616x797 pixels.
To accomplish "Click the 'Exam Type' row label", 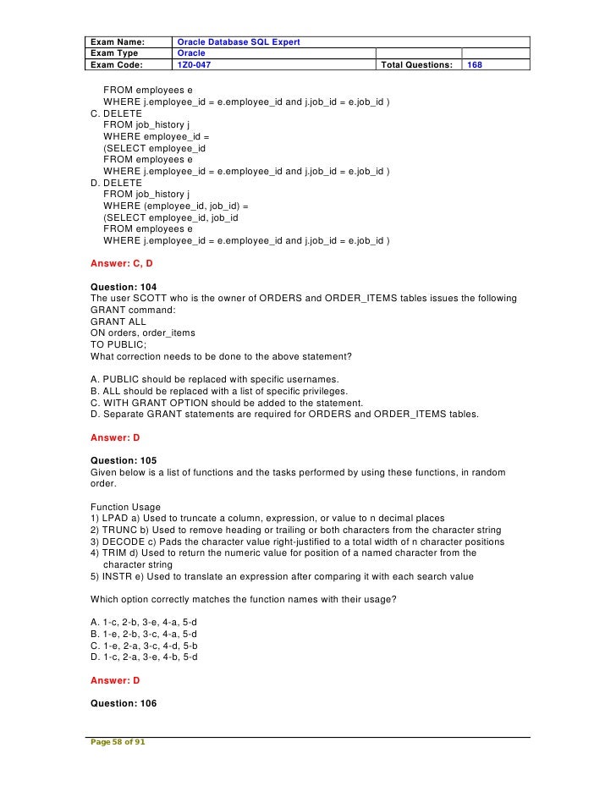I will click(x=116, y=52).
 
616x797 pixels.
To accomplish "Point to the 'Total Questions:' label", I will click(x=417, y=64).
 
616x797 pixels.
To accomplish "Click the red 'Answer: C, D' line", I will click(x=121, y=263).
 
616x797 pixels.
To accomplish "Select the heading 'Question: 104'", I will click(x=124, y=287).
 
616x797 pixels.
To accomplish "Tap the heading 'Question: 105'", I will click(x=124, y=461).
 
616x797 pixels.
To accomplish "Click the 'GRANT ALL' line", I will click(x=118, y=322).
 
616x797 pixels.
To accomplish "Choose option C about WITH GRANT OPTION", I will click(x=227, y=403).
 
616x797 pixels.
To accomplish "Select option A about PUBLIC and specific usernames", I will click(x=214, y=379).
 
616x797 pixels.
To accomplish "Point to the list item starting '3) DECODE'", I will click(x=297, y=541).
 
